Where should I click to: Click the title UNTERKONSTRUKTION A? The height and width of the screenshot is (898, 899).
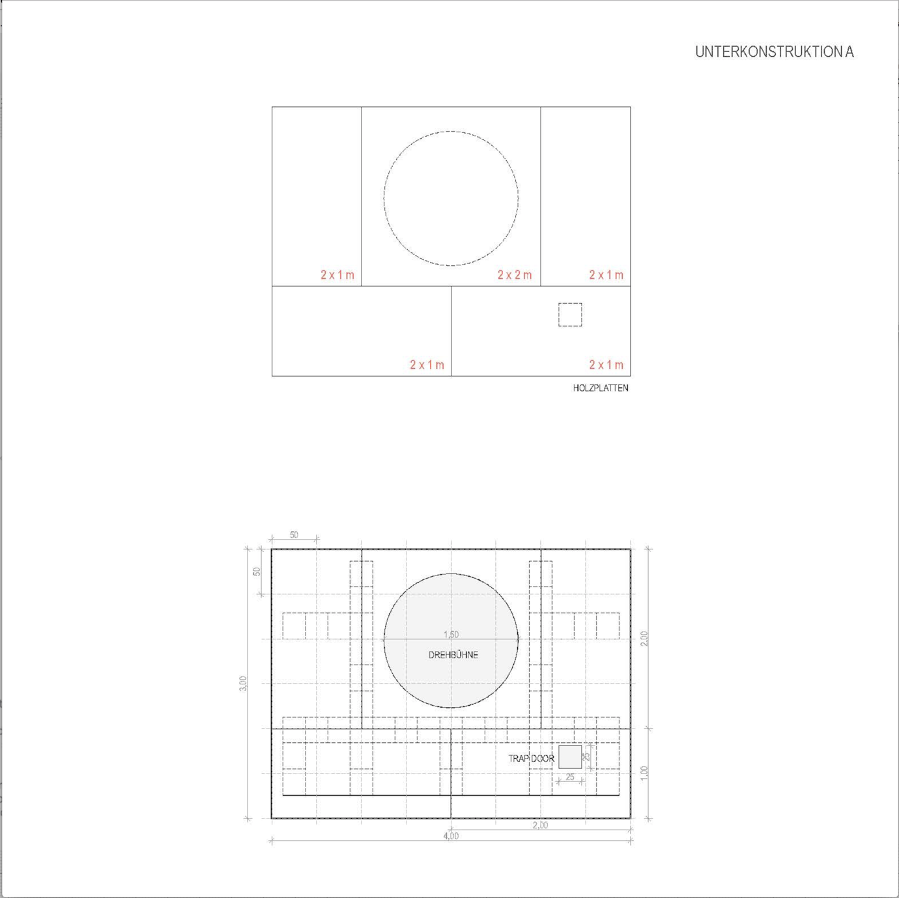pos(774,52)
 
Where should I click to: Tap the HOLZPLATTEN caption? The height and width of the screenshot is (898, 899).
pos(601,388)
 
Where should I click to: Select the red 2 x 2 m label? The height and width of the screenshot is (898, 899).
pos(515,275)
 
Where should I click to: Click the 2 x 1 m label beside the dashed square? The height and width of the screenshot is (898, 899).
pos(606,364)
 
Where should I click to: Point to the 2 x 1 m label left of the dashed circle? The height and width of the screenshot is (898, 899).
pos(337,275)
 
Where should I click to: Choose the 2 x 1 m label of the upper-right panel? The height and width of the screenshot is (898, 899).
pos(606,275)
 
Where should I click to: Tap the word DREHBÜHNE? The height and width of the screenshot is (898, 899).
pos(453,655)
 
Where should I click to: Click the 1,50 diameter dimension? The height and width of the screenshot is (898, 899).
pos(451,634)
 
